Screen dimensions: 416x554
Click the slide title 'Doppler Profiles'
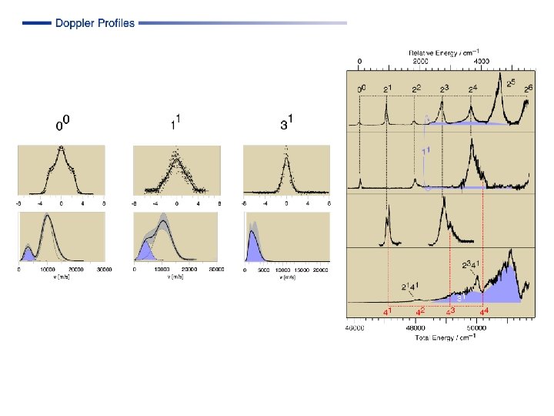click(x=95, y=23)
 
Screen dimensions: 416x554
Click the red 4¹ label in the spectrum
click(x=389, y=312)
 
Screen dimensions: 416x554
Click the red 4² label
click(x=420, y=312)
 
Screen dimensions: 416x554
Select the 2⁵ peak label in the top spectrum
click(x=514, y=82)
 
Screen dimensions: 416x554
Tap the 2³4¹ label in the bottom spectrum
click(x=471, y=266)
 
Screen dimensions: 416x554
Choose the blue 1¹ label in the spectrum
click(x=425, y=152)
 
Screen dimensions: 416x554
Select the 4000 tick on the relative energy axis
click(x=480, y=60)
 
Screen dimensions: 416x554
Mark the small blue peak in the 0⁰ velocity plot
click(x=28, y=254)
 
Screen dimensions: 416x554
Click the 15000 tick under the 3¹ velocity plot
click(x=302, y=270)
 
